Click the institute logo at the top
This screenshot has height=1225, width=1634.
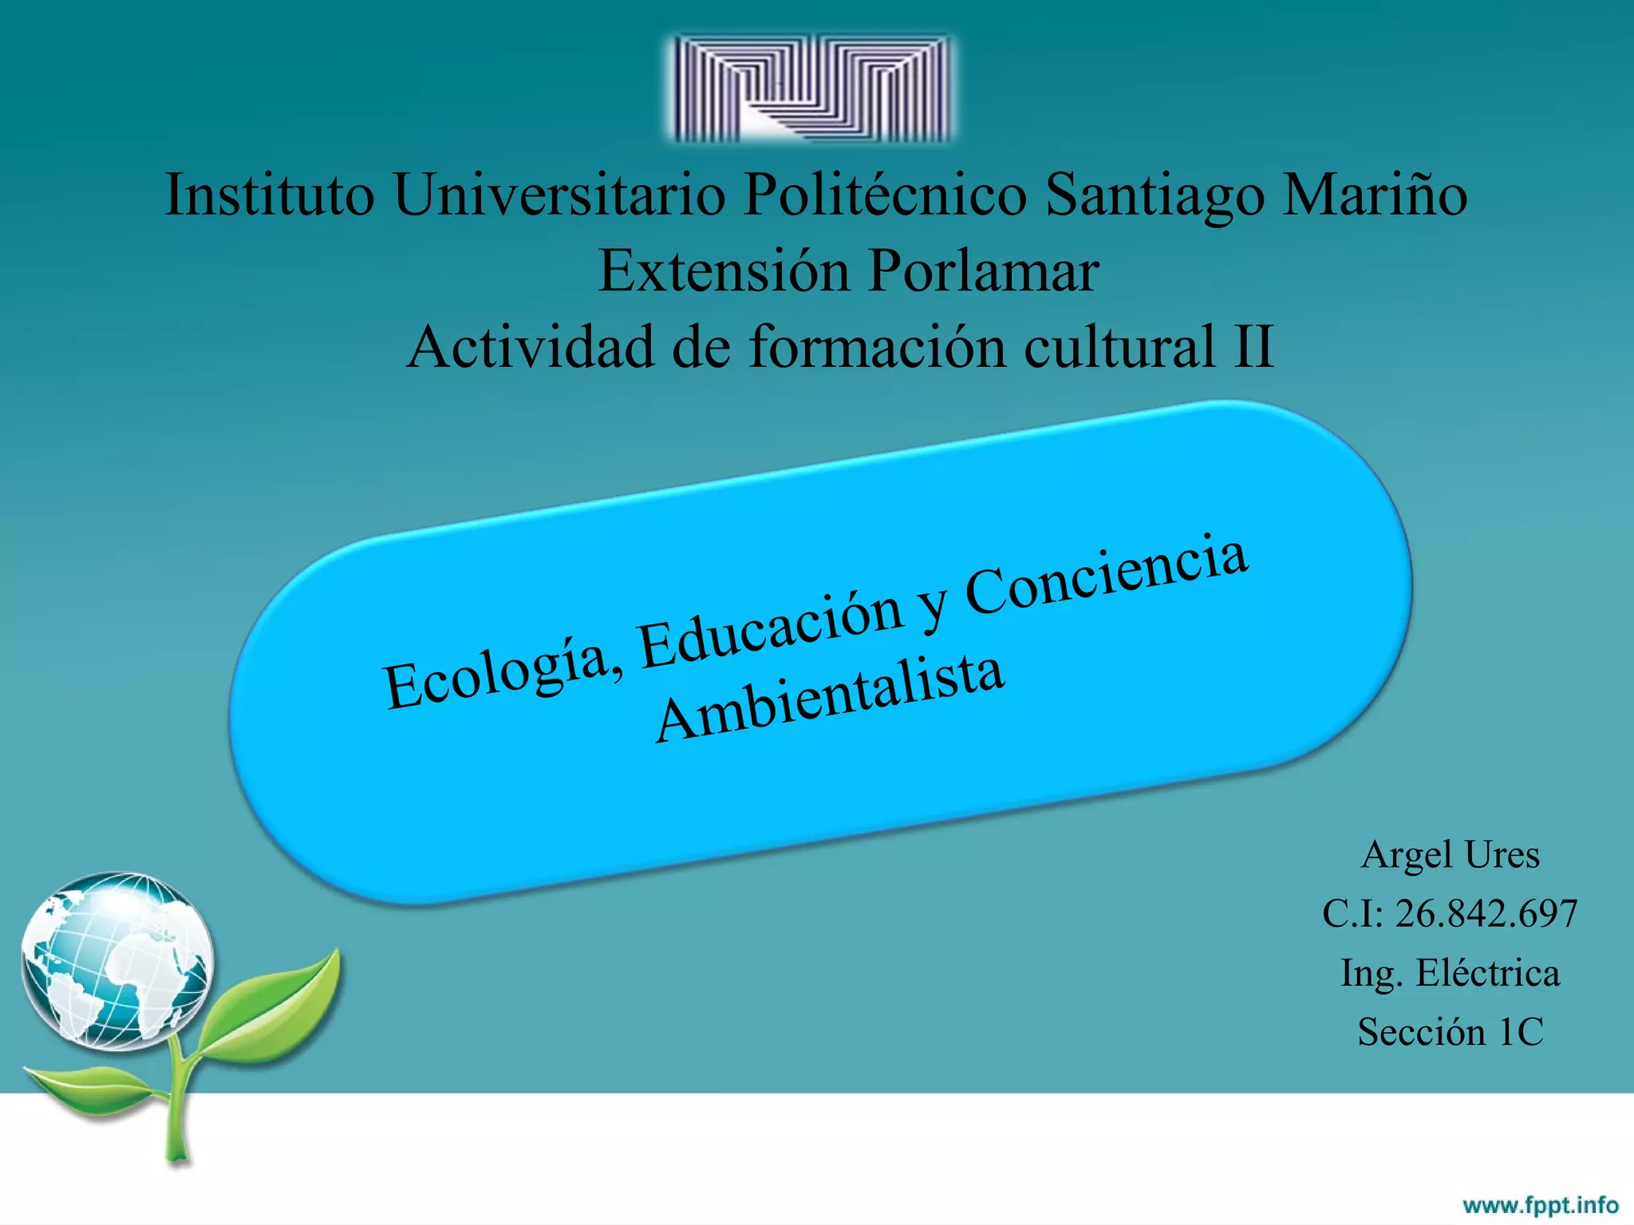811,89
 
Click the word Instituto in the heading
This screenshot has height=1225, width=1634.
269,195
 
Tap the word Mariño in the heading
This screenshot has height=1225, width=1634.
1374,195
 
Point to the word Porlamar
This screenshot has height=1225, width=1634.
984,271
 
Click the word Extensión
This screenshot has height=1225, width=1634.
724,271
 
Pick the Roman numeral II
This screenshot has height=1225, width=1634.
1253,347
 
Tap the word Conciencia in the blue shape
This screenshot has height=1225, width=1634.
1105,576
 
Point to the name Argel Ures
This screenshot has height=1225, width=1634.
1450,855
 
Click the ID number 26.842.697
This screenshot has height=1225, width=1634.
1486,914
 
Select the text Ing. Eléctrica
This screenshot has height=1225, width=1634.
1450,973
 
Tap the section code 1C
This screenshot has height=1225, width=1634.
1521,1032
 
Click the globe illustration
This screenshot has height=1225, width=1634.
117,960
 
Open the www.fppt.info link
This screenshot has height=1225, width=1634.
1540,1204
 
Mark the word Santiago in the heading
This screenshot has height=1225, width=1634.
1154,195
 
